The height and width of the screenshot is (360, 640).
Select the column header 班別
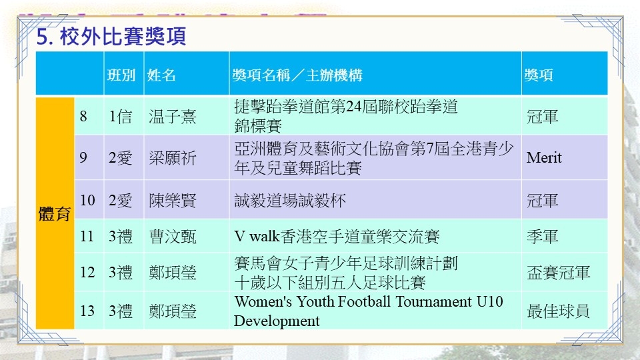(121, 75)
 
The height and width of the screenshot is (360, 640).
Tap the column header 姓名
(161, 75)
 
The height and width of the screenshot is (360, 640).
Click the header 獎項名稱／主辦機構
(297, 75)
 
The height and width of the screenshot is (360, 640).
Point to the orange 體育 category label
(55, 213)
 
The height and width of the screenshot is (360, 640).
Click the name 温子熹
(173, 117)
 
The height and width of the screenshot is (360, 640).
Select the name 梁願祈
(173, 157)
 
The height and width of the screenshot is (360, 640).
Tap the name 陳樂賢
(173, 201)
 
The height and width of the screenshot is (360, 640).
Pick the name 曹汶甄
(173, 236)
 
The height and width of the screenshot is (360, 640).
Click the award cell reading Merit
(544, 157)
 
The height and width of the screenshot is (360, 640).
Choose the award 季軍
(542, 236)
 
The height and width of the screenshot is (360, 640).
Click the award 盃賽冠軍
(558, 272)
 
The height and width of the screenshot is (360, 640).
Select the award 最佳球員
(558, 311)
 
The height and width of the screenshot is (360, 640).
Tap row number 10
(87, 201)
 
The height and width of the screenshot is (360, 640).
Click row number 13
(87, 311)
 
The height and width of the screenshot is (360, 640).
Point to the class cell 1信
(121, 117)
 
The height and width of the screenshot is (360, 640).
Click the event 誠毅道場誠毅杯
(290, 201)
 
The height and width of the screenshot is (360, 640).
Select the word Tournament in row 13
(433, 301)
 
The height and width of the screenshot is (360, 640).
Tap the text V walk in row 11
(257, 236)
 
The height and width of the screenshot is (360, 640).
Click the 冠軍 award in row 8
(542, 117)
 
